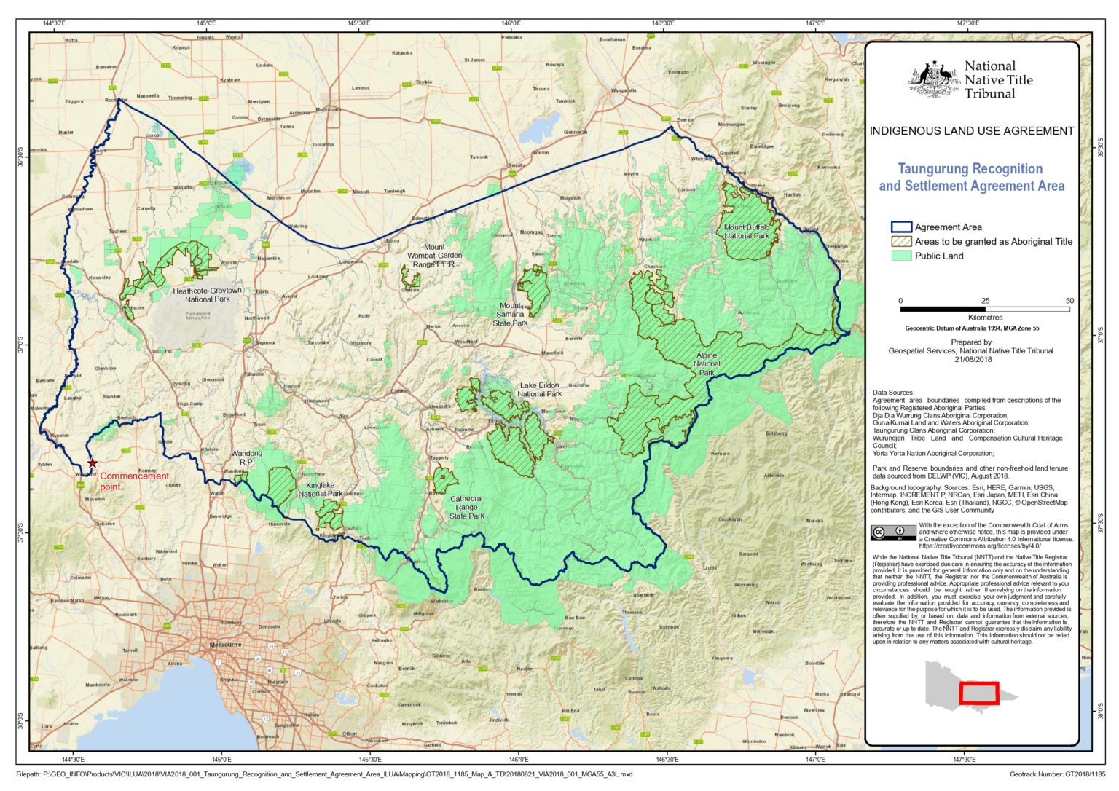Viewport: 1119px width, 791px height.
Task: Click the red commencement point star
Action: click(93, 463)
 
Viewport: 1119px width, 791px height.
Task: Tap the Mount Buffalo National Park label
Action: click(747, 232)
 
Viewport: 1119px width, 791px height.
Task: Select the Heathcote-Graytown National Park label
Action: click(208, 294)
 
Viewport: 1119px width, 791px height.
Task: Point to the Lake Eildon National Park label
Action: click(540, 390)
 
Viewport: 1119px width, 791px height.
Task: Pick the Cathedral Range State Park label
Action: click(466, 507)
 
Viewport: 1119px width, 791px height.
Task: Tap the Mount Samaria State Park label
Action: click(510, 315)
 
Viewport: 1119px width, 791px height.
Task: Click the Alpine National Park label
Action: click(707, 364)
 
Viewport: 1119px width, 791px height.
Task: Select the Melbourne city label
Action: click(225, 645)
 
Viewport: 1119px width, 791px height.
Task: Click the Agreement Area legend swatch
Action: click(901, 227)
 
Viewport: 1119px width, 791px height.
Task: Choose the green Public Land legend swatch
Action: click(901, 256)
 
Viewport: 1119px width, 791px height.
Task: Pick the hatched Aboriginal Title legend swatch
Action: click(901, 241)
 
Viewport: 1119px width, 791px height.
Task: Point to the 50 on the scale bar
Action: click(1069, 301)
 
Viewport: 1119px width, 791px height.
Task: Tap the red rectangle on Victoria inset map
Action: click(978, 693)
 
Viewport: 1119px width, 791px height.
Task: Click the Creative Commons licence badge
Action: click(892, 532)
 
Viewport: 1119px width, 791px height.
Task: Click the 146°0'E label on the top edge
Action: click(511, 23)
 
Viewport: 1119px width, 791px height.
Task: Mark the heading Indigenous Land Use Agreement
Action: click(971, 131)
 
